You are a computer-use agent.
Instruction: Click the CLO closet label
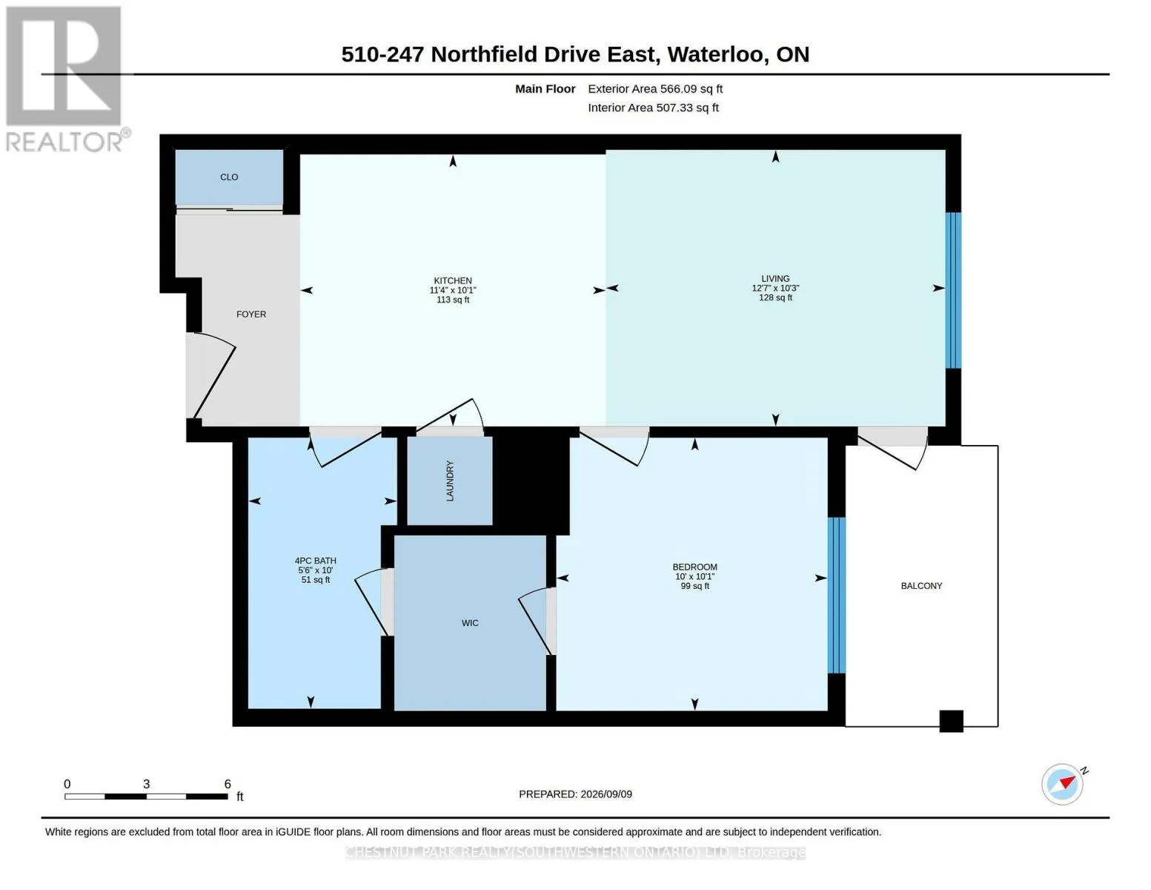point(229,177)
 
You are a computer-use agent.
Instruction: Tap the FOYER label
point(251,314)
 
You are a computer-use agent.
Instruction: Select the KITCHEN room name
point(453,280)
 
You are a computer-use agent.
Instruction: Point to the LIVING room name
point(775,278)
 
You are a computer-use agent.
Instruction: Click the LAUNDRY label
point(450,481)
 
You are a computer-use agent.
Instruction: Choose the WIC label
point(470,623)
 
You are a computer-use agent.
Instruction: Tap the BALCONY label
point(922,586)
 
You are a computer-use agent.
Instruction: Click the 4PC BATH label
point(316,561)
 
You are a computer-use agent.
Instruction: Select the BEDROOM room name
point(695,567)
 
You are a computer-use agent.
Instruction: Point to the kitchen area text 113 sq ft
point(453,300)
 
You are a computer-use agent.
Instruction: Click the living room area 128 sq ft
point(775,297)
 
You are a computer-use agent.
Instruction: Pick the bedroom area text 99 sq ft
point(695,586)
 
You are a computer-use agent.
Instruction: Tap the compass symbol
point(1063,785)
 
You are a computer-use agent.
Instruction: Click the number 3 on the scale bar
point(146,784)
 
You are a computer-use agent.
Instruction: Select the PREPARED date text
point(575,794)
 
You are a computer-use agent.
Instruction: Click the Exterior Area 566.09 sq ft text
point(655,89)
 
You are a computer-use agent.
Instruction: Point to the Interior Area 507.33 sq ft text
point(653,108)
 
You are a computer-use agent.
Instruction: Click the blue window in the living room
point(953,291)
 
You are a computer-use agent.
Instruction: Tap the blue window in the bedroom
point(836,596)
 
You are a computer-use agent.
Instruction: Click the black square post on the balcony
point(952,721)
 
